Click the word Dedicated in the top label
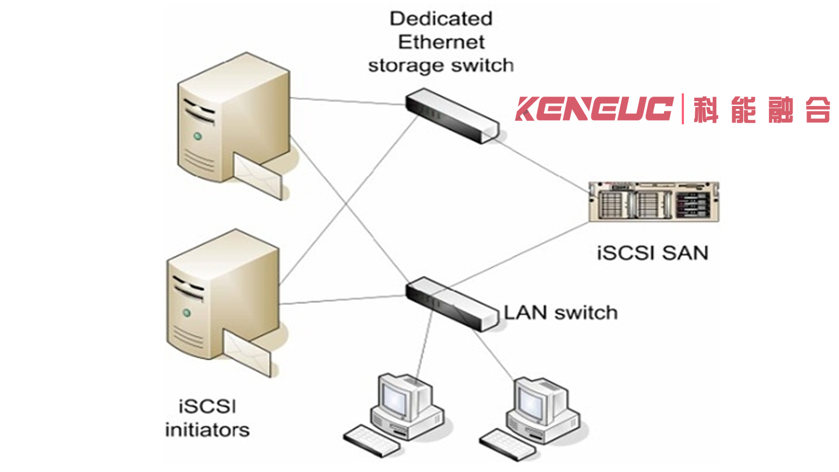pyautogui.click(x=441, y=19)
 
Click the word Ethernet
pyautogui.click(x=441, y=42)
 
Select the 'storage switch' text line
pyautogui.click(x=441, y=66)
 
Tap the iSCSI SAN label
pyautogui.click(x=652, y=253)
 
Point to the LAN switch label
pyautogui.click(x=561, y=313)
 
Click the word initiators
pyautogui.click(x=208, y=430)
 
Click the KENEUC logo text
pyautogui.click(x=595, y=109)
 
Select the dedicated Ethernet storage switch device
pyautogui.click(x=453, y=115)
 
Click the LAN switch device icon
pyautogui.click(x=453, y=304)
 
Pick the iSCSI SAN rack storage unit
pyautogui.click(x=654, y=201)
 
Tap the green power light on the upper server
pyautogui.click(x=198, y=136)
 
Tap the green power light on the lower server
pyautogui.click(x=187, y=313)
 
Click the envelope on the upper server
pyautogui.click(x=259, y=175)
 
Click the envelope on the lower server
pyautogui.click(x=247, y=352)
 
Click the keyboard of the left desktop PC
pyautogui.click(x=372, y=441)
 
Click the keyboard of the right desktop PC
pyautogui.click(x=508, y=445)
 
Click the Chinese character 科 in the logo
pyautogui.click(x=706, y=110)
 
